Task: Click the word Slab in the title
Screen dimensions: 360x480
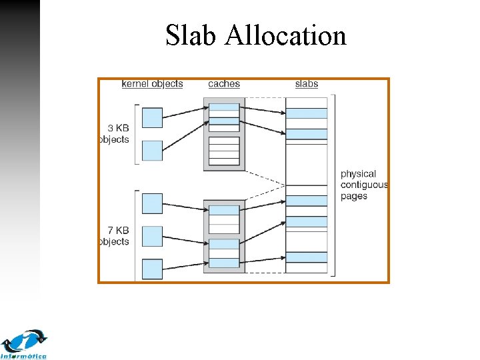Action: tap(192, 35)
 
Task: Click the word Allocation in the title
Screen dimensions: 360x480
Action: tap(286, 35)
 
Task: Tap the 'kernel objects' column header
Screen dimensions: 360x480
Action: tap(152, 84)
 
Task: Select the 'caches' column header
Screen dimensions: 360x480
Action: tap(224, 84)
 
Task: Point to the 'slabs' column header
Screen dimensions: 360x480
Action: tap(307, 84)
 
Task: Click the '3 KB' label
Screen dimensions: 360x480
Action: tap(117, 128)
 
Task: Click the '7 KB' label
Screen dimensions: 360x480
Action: tap(117, 230)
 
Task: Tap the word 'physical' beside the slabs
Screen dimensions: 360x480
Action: tap(359, 174)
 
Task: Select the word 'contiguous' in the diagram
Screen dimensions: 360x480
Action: tap(364, 185)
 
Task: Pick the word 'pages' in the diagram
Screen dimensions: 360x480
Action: tap(354, 197)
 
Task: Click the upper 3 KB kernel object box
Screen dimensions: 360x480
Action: tap(153, 117)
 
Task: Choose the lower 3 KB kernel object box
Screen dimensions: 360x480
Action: tap(153, 150)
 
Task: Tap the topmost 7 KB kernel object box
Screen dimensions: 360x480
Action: tap(153, 203)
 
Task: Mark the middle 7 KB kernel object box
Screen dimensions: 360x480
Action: tap(153, 236)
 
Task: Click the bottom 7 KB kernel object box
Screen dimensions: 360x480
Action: tap(153, 269)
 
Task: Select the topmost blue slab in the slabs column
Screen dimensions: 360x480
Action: tap(307, 113)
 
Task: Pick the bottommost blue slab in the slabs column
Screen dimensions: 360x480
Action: tap(307, 257)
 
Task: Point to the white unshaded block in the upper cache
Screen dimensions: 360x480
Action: tap(224, 151)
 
